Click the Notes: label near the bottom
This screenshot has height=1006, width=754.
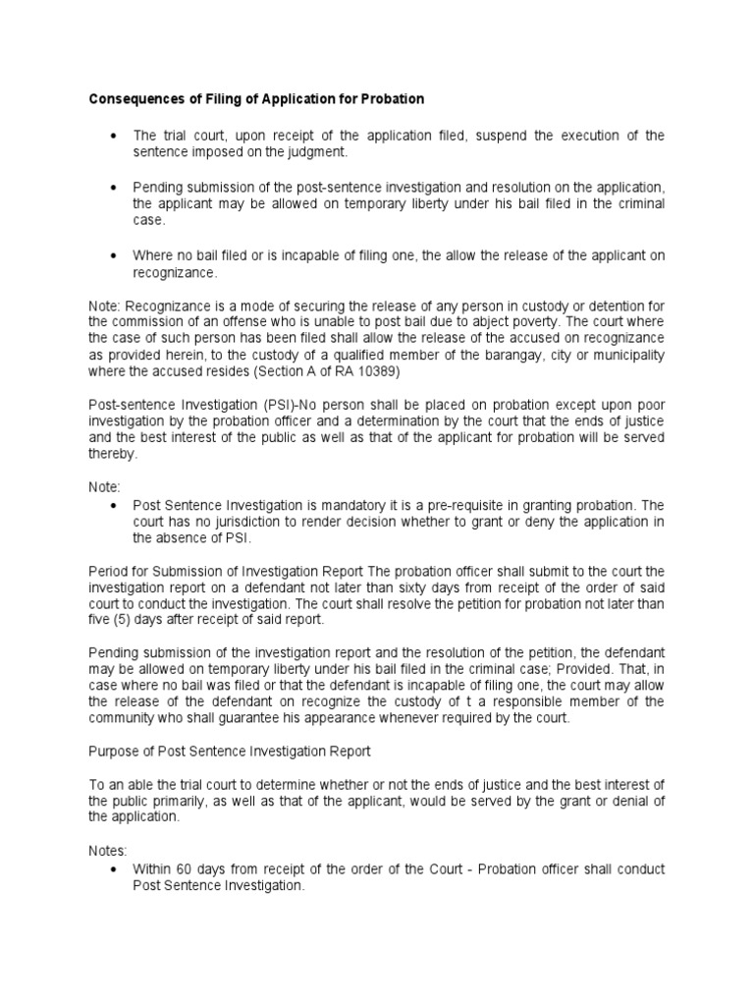click(x=109, y=853)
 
